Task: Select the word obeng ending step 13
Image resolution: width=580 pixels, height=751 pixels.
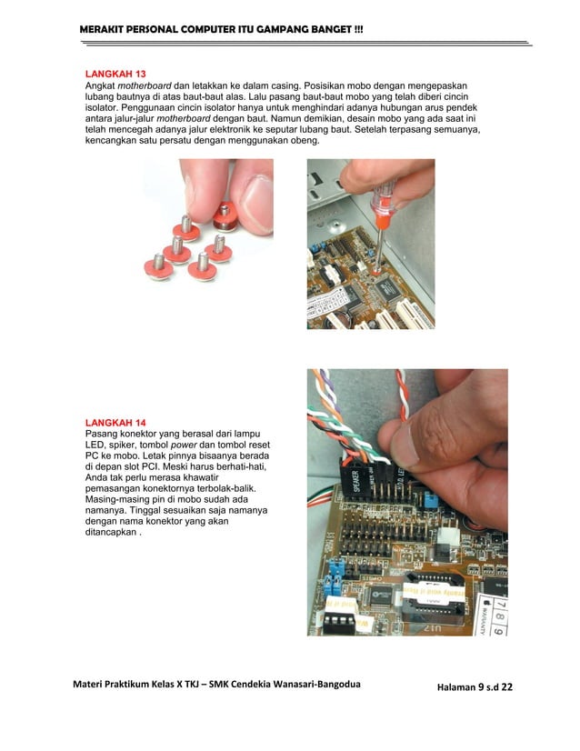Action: tap(301, 142)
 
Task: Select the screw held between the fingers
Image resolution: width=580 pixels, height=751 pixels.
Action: tap(224, 215)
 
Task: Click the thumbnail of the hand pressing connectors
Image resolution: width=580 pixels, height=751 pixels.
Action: tap(406, 501)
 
